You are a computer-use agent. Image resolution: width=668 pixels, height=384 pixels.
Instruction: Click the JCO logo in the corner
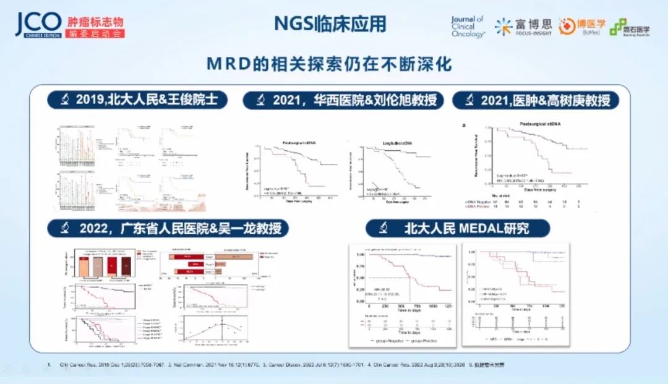point(38,23)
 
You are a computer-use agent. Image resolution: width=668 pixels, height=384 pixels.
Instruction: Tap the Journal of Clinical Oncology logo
point(468,27)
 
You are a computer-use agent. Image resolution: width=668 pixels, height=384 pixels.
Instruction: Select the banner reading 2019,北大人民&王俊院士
point(137,100)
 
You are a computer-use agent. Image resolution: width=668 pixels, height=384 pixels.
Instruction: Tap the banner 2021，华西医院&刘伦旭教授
point(343,100)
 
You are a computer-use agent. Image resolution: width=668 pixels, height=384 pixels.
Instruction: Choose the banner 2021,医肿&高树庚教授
point(536,100)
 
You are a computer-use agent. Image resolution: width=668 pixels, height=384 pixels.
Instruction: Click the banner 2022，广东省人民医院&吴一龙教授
point(168,229)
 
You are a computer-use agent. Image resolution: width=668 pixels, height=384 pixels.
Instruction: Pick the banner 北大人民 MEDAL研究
point(457,229)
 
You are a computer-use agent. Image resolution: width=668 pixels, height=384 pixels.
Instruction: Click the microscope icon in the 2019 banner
point(64,100)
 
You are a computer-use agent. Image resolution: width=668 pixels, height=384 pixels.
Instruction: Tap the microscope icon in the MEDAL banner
point(383,229)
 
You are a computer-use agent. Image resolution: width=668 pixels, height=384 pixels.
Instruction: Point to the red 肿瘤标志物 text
point(95,20)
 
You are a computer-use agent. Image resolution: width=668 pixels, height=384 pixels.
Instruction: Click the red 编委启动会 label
point(95,33)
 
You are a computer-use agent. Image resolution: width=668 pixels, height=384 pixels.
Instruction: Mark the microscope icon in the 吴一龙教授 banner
point(64,229)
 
